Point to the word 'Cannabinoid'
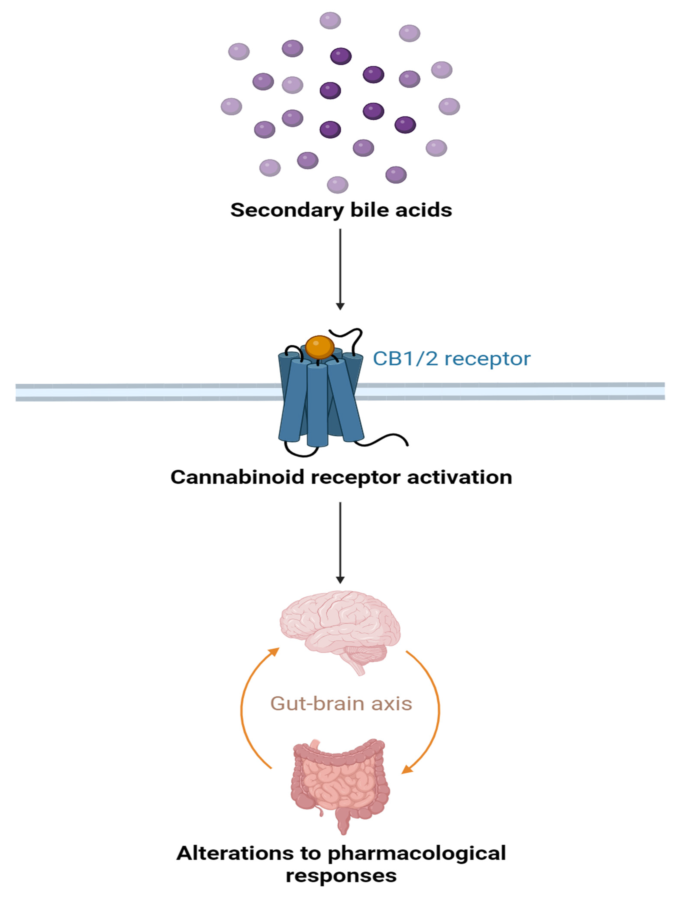(x=237, y=477)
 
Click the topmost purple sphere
(x=330, y=20)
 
